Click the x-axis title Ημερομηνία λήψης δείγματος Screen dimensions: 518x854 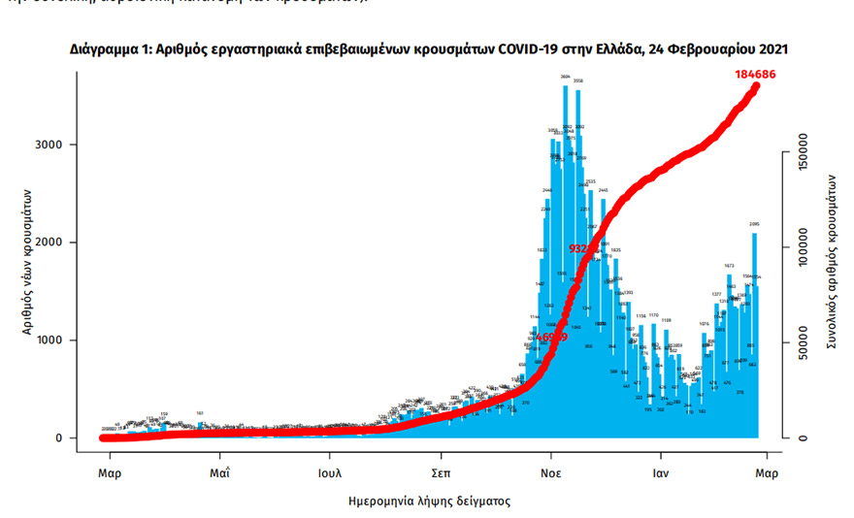pos(429,502)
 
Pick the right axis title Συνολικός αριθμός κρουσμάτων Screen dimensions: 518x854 pos(832,262)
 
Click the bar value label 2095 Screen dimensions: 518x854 pos(754,224)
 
